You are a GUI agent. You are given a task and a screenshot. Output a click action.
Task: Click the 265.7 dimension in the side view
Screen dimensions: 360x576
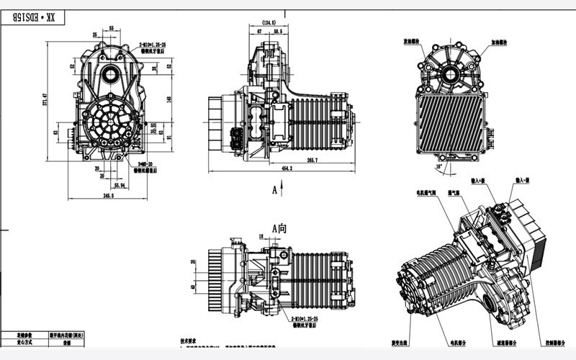coord(312,160)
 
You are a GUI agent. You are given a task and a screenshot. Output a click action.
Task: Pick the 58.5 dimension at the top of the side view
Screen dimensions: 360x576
coord(277,32)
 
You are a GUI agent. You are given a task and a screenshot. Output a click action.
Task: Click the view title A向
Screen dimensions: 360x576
coord(279,228)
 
